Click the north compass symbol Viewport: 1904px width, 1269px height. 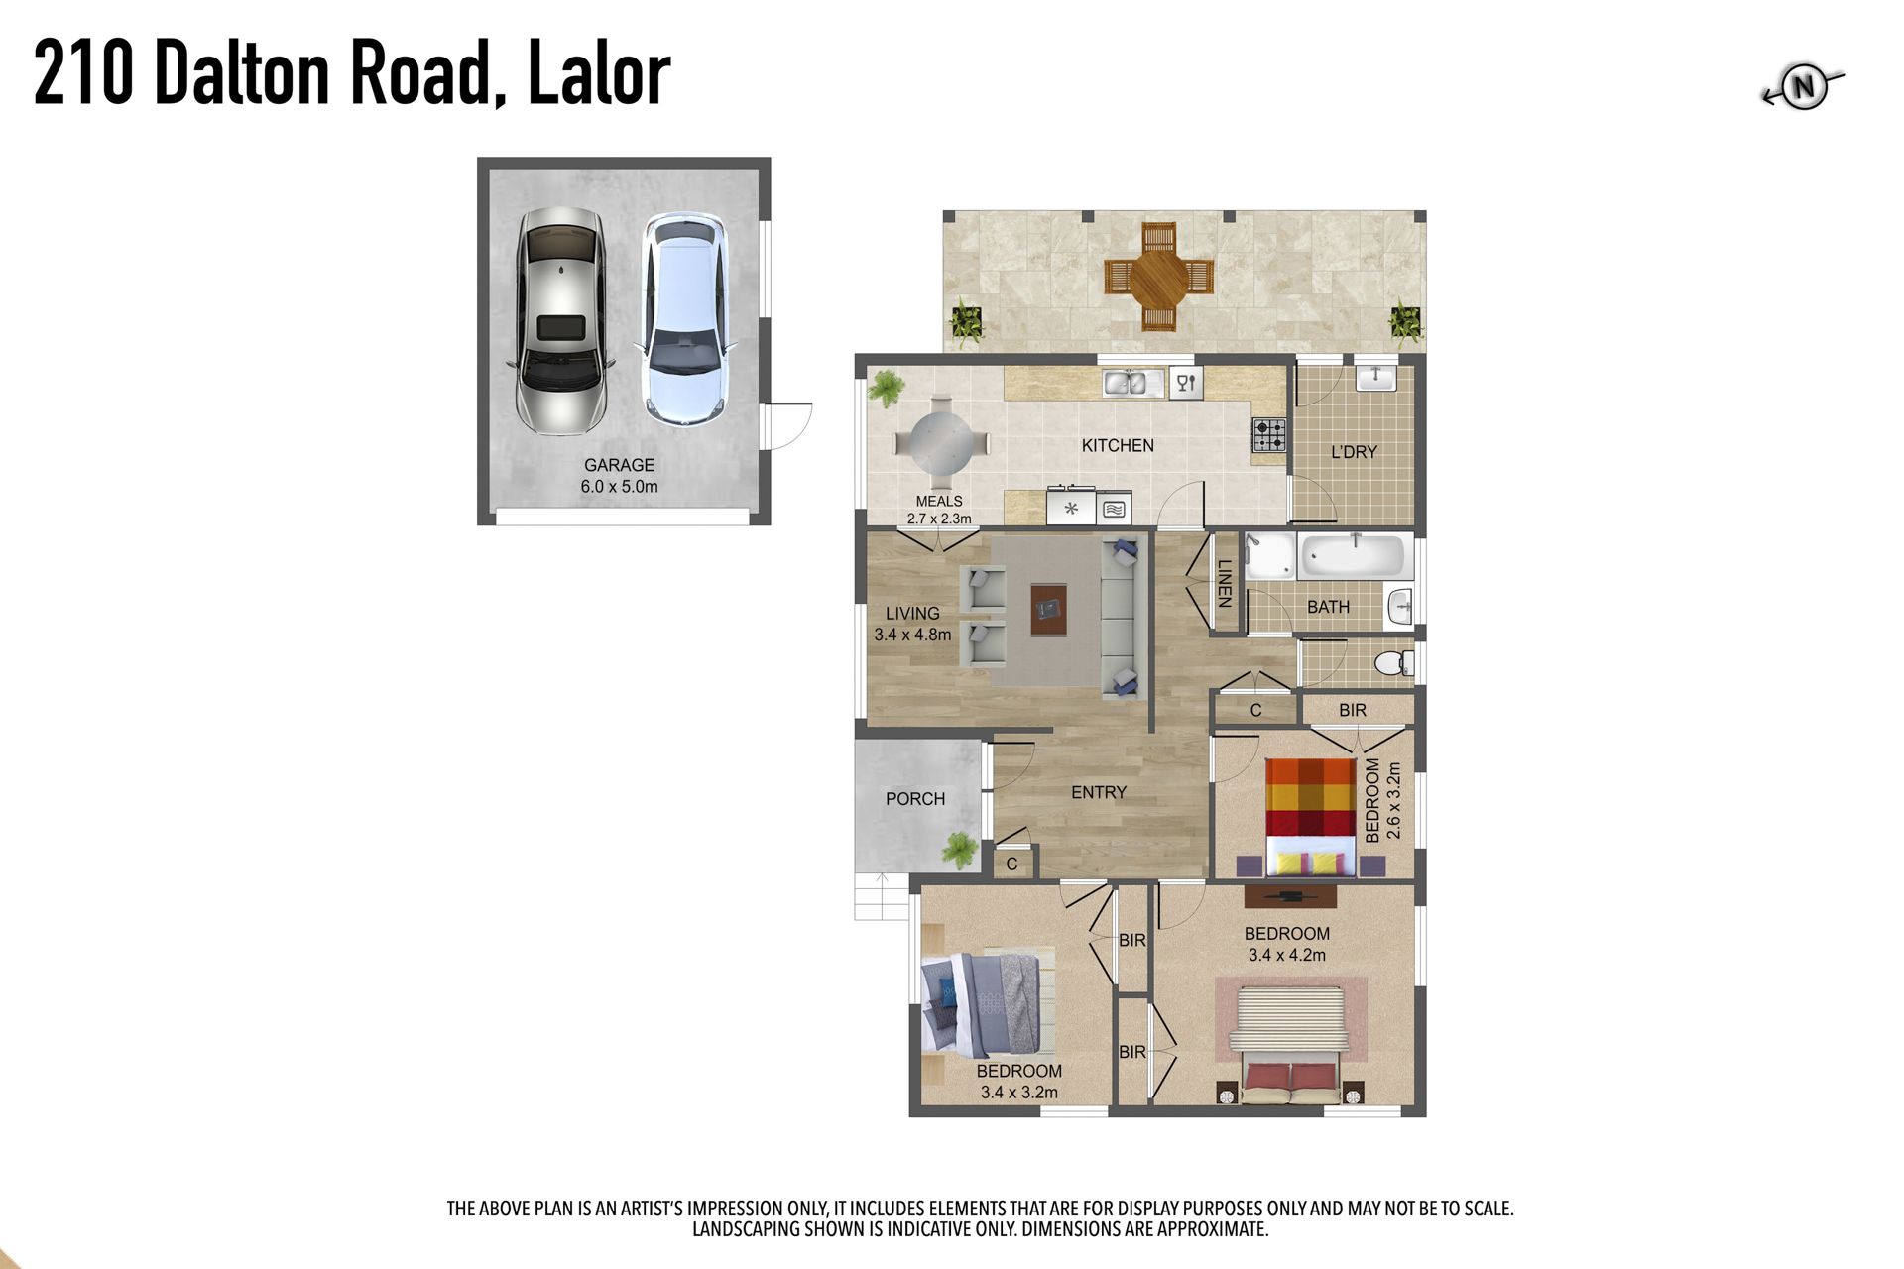[x=1803, y=88]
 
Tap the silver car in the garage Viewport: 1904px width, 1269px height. [x=560, y=321]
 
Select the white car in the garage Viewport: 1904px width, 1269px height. [x=684, y=320]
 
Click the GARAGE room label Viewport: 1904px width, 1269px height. [x=619, y=465]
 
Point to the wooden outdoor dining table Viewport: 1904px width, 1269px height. [x=1158, y=277]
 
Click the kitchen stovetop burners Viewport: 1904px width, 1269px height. [x=1269, y=434]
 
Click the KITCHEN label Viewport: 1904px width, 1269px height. [x=1118, y=446]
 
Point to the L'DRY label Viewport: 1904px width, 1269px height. [x=1354, y=452]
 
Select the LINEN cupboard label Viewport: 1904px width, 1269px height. [x=1224, y=583]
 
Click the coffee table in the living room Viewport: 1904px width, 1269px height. [x=1048, y=609]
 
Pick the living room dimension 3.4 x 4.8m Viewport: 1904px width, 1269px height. [x=912, y=634]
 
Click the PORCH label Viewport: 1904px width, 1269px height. [x=915, y=799]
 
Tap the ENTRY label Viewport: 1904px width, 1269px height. [x=1099, y=792]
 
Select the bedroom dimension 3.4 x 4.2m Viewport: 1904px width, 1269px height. [x=1287, y=956]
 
